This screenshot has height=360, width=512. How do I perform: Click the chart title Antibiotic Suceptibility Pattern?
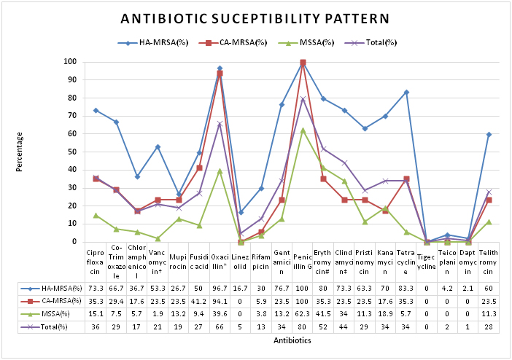pyautogui.click(x=255, y=19)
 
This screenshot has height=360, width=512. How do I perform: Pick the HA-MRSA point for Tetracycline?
pyautogui.click(x=406, y=93)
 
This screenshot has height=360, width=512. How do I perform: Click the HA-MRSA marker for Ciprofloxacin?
pyautogui.click(x=96, y=110)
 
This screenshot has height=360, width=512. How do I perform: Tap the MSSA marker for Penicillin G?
pyautogui.click(x=303, y=130)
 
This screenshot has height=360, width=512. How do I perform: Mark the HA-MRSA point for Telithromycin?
pyautogui.click(x=489, y=134)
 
